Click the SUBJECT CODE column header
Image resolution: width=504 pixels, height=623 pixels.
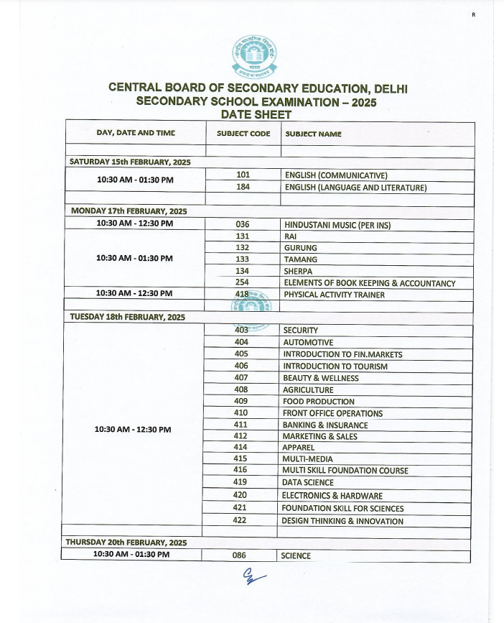point(243,134)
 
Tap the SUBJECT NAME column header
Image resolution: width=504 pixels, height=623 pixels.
point(313,134)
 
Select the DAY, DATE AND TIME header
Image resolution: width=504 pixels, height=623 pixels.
point(136,133)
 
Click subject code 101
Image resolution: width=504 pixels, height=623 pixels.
point(243,175)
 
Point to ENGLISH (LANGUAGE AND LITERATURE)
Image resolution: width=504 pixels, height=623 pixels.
point(355,188)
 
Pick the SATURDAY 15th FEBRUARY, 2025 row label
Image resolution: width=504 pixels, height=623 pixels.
point(130,162)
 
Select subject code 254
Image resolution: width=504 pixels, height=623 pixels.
point(242,283)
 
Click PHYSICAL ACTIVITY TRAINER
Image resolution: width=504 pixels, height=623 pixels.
point(334,295)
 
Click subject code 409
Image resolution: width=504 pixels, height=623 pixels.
point(241,402)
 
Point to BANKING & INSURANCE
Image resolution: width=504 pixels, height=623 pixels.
point(325,425)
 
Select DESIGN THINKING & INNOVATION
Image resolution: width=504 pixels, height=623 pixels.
point(342,521)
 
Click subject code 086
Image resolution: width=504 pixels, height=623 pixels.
point(240,555)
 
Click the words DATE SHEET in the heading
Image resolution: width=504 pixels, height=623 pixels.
point(256,115)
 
